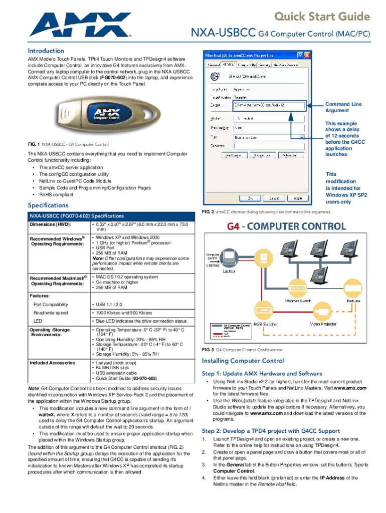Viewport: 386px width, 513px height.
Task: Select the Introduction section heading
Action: [46, 51]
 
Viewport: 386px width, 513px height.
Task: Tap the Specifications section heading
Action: [49, 205]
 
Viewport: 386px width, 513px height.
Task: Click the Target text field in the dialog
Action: [269, 106]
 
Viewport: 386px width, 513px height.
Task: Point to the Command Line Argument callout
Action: [343, 107]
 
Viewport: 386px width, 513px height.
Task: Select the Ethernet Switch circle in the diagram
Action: [298, 289]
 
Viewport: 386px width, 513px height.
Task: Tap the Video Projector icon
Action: [319, 312]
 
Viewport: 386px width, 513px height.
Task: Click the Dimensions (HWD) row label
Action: [50, 224]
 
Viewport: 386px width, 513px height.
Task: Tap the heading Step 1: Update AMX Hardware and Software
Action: [262, 373]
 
